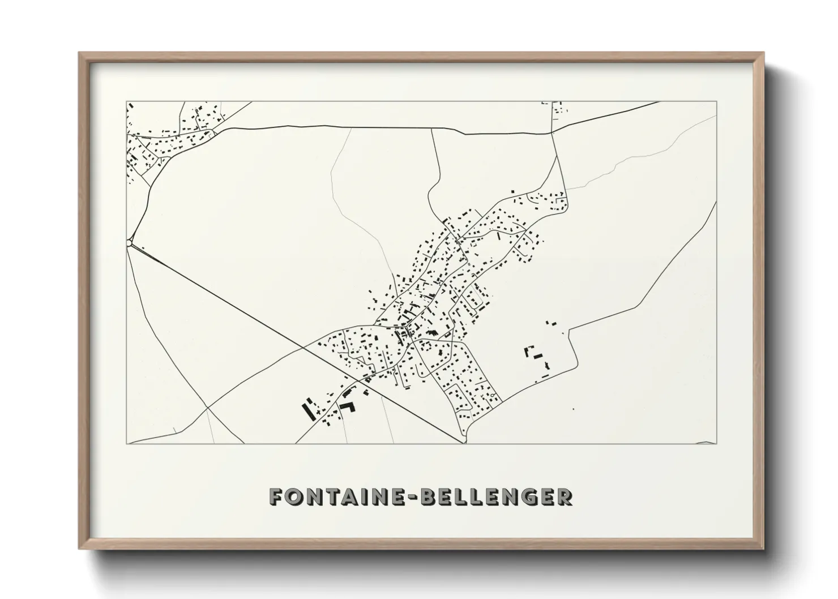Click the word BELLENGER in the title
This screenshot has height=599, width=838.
[x=498, y=497]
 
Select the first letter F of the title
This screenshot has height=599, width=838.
[x=275, y=497]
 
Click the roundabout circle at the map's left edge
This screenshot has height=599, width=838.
[x=130, y=243]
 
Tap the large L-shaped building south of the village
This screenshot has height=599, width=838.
[x=347, y=407]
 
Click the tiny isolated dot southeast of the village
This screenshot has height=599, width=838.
[x=573, y=408]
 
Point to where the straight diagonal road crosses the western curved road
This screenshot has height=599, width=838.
[x=208, y=407]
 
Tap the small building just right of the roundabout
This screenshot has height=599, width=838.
[x=143, y=247]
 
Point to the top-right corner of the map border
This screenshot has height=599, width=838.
[x=716, y=101]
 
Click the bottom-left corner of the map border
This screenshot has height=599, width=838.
[x=126, y=443]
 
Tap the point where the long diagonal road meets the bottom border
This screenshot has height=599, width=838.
[x=463, y=443]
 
